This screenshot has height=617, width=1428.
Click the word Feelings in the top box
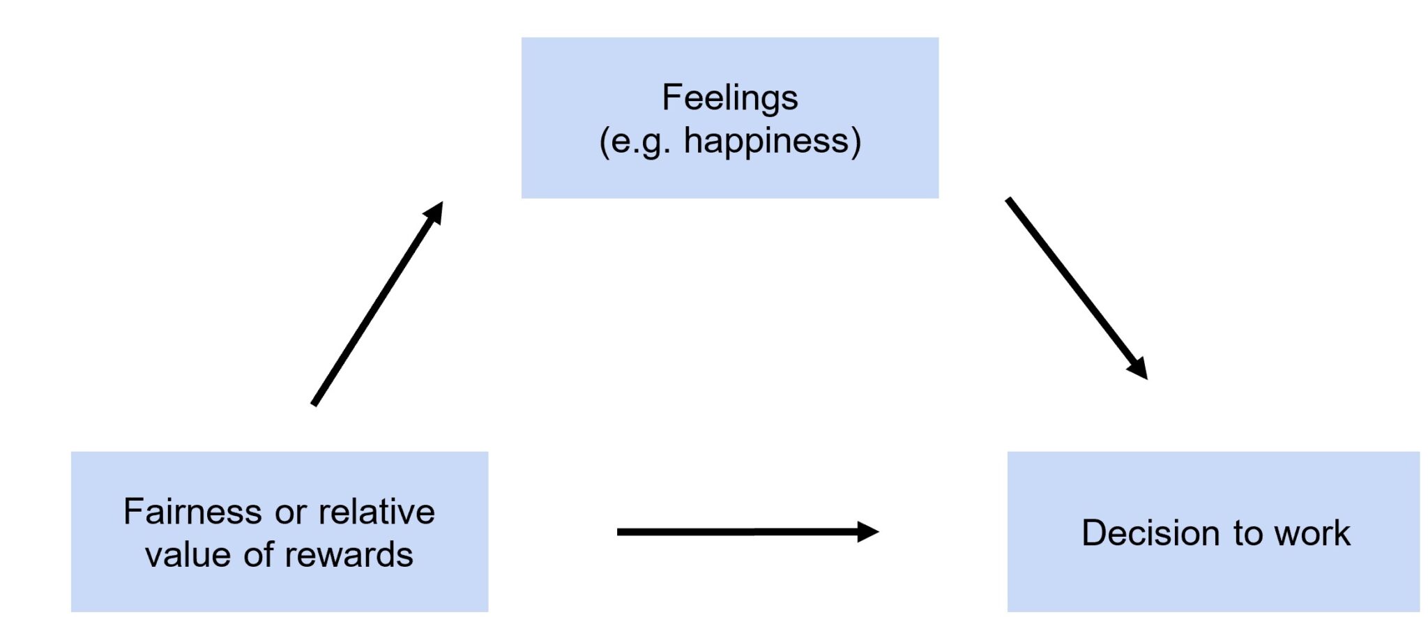pyautogui.click(x=729, y=98)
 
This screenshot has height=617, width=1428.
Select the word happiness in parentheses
pyautogui.click(x=766, y=141)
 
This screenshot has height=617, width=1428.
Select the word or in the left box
pyautogui.click(x=290, y=513)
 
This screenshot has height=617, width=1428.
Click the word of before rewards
pyautogui.click(x=258, y=555)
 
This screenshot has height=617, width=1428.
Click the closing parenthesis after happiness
pyautogui.click(x=856, y=142)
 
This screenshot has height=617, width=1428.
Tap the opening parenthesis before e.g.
pyautogui.click(x=605, y=142)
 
